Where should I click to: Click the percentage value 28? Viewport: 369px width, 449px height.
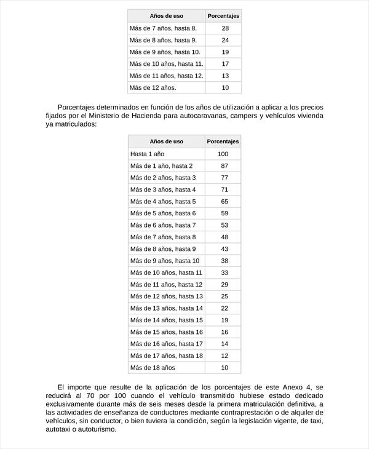(225, 28)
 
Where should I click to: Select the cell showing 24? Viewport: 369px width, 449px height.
(225, 40)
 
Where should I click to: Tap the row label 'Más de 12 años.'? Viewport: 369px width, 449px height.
(153, 87)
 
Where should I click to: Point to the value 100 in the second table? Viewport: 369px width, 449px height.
(223, 154)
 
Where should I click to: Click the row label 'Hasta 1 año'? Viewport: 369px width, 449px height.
(148, 154)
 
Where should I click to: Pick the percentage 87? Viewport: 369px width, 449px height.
(224, 165)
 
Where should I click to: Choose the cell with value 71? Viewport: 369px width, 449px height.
(224, 189)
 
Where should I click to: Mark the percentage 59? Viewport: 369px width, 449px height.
(224, 213)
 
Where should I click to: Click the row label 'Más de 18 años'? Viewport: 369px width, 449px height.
(153, 367)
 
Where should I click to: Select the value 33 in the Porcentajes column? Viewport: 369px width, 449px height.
(224, 272)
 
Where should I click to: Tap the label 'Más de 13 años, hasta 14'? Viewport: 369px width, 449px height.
(166, 308)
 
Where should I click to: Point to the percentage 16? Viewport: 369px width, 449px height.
(224, 332)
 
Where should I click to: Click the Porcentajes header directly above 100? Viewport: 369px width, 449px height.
(223, 141)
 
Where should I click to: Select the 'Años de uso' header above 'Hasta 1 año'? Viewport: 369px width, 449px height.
(166, 141)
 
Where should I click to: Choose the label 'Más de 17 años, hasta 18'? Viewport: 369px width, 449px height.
(166, 356)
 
